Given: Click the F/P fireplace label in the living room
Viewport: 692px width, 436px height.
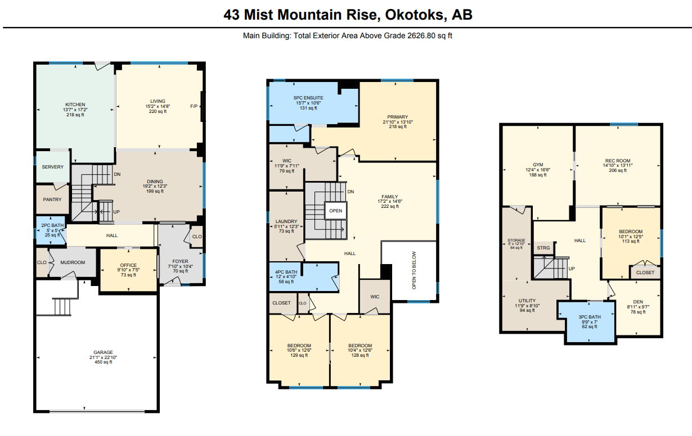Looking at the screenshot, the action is pos(194,106).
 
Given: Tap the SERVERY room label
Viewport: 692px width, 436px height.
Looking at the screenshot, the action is pos(52,167).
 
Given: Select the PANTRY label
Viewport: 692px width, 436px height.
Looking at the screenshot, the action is pos(52,199).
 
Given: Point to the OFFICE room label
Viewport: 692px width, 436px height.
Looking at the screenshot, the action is pos(128,265).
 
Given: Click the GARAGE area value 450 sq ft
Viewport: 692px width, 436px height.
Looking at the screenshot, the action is pos(103,362).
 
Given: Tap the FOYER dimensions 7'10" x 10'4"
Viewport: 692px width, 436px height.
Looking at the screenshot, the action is pos(181,266).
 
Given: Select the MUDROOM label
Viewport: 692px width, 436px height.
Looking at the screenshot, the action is pos(73,262).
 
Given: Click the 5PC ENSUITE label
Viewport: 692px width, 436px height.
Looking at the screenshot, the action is pos(308,98).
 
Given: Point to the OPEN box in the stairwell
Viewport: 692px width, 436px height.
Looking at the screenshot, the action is pos(335,211).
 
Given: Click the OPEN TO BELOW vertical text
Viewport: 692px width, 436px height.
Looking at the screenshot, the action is pos(414,270).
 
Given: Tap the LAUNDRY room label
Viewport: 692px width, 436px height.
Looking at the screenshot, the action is pos(286,221).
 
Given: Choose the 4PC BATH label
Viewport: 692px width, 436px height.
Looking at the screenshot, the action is pos(286,272).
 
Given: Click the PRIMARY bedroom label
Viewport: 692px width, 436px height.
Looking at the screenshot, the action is pos(398,117).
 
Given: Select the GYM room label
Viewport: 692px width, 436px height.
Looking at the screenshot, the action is pos(538,165).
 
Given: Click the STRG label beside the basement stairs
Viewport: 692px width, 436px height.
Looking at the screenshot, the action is pos(543,248).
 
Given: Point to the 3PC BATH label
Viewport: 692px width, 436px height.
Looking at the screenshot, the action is pos(590,317).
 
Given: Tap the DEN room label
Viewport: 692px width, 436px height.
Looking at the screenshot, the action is pos(638,302).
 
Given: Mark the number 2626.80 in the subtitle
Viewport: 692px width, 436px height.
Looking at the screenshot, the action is pos(421,36).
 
